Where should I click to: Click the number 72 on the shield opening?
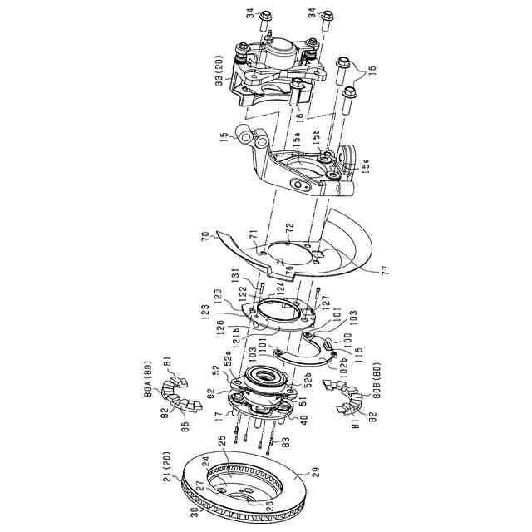pyautogui.click(x=288, y=226)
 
